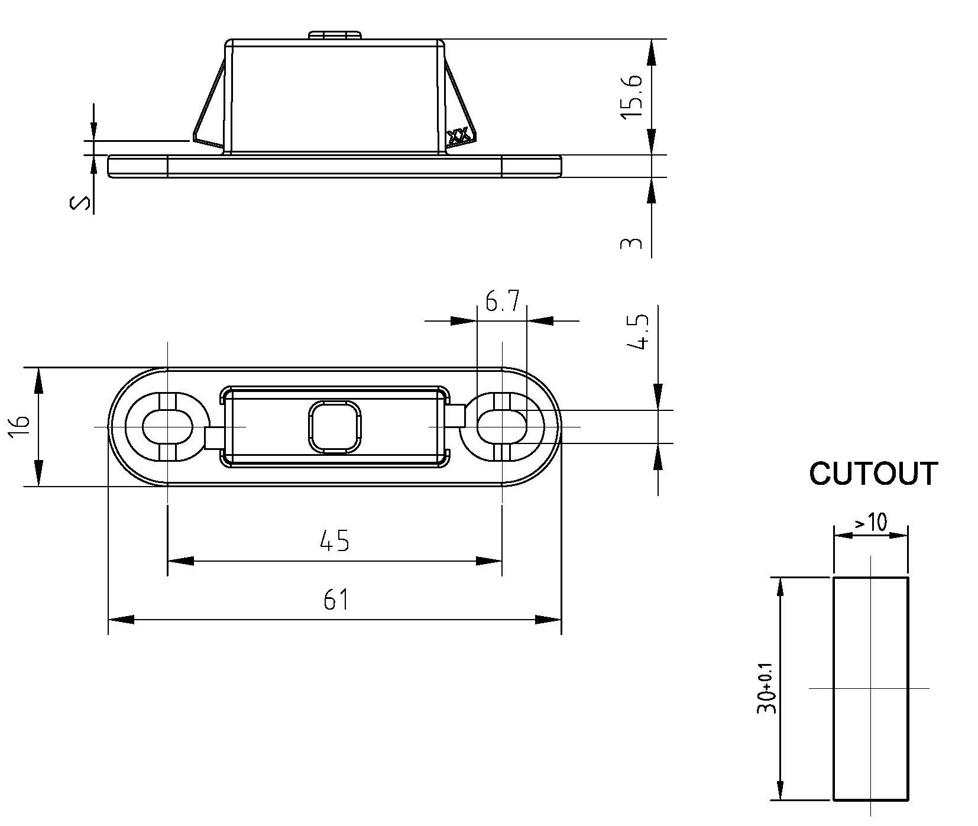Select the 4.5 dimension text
(x=639, y=332)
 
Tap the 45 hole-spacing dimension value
(x=334, y=540)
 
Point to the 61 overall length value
(x=335, y=600)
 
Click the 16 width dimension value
(x=20, y=427)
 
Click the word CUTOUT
(x=873, y=474)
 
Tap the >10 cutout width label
(x=870, y=522)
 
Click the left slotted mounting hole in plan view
(x=167, y=426)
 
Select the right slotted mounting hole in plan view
(x=502, y=426)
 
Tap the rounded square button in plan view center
(x=334, y=427)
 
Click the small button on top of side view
(x=335, y=35)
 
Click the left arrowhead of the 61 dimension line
(x=121, y=620)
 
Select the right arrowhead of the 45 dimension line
(x=490, y=561)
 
